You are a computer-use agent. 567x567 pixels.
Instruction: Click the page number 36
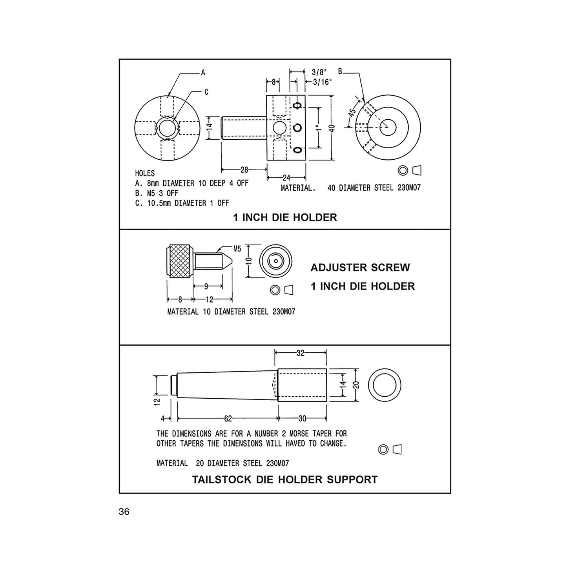click(124, 512)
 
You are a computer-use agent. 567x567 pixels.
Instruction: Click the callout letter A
click(203, 73)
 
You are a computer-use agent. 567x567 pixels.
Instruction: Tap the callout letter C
click(206, 92)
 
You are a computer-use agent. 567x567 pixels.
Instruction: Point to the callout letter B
click(340, 71)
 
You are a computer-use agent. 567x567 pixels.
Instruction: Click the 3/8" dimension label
click(319, 72)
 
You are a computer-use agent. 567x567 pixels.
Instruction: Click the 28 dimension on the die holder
click(244, 170)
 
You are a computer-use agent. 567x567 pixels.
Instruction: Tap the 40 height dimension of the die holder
click(332, 128)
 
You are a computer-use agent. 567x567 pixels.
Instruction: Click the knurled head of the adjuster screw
click(180, 261)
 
